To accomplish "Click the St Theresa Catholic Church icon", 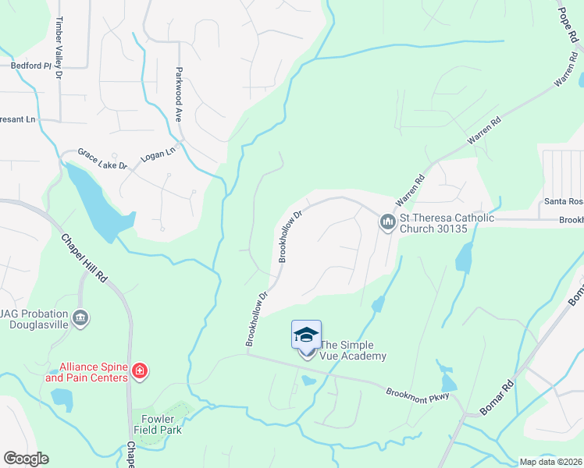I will point(387,223).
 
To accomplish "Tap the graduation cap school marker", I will point(306,335).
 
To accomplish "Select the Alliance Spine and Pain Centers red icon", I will point(139,371).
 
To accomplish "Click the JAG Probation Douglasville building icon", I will point(80,318).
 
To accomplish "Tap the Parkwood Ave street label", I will point(179,93).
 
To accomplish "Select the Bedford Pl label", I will point(30,66).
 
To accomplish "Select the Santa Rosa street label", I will point(564,202).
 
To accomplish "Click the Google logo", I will point(25,459).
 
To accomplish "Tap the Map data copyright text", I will point(551,462).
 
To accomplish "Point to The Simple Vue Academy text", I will point(353,350).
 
